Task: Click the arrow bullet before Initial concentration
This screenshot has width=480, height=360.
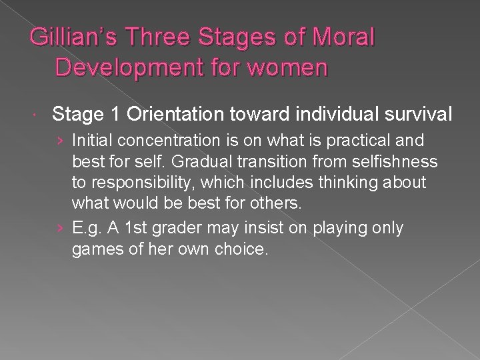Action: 61,141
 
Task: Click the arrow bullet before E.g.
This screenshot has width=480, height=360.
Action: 61,228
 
